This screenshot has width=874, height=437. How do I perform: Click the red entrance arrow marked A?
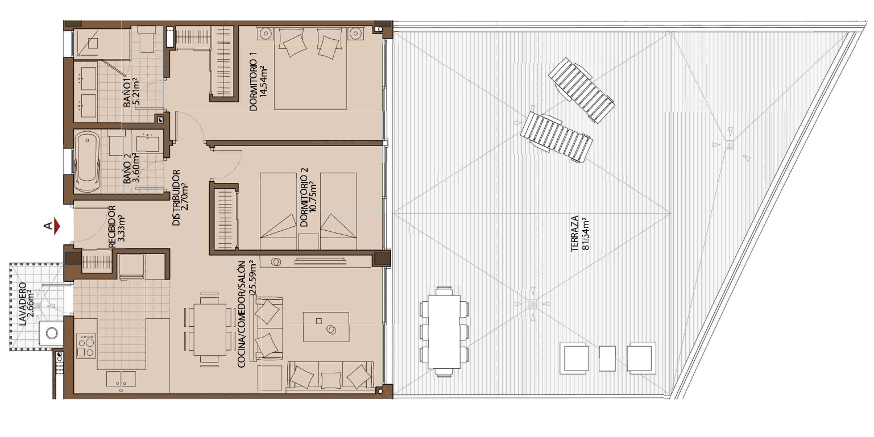(x=57, y=227)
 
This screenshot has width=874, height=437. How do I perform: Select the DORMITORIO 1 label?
(x=258, y=84)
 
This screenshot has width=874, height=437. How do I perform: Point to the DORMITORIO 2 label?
(x=309, y=197)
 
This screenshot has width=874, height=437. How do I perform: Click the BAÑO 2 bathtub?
(x=88, y=162)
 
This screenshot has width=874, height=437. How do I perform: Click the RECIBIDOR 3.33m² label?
(x=116, y=227)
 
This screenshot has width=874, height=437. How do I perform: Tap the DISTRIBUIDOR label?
(x=181, y=197)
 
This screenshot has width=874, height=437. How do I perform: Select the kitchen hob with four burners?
(x=86, y=346)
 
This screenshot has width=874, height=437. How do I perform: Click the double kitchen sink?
(x=121, y=378)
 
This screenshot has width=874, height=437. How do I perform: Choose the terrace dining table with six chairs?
(x=444, y=332)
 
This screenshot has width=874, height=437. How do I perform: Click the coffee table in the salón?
(x=326, y=327)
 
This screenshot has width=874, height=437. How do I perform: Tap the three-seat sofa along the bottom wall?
(x=330, y=376)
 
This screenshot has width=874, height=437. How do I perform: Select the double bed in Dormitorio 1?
(x=310, y=69)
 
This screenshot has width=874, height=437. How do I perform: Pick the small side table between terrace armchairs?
(x=607, y=359)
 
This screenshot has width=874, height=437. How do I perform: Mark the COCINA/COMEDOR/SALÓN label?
(x=247, y=314)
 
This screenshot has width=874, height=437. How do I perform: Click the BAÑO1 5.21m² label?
(x=131, y=93)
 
